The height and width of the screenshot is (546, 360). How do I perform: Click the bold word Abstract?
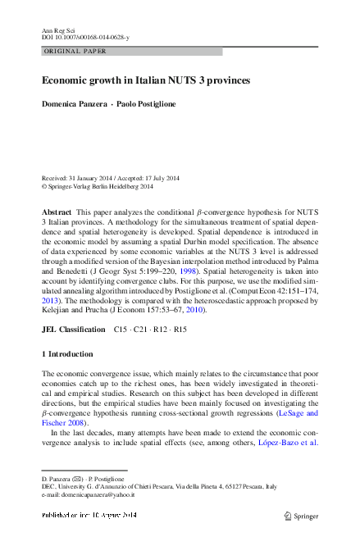[x=56, y=212]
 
